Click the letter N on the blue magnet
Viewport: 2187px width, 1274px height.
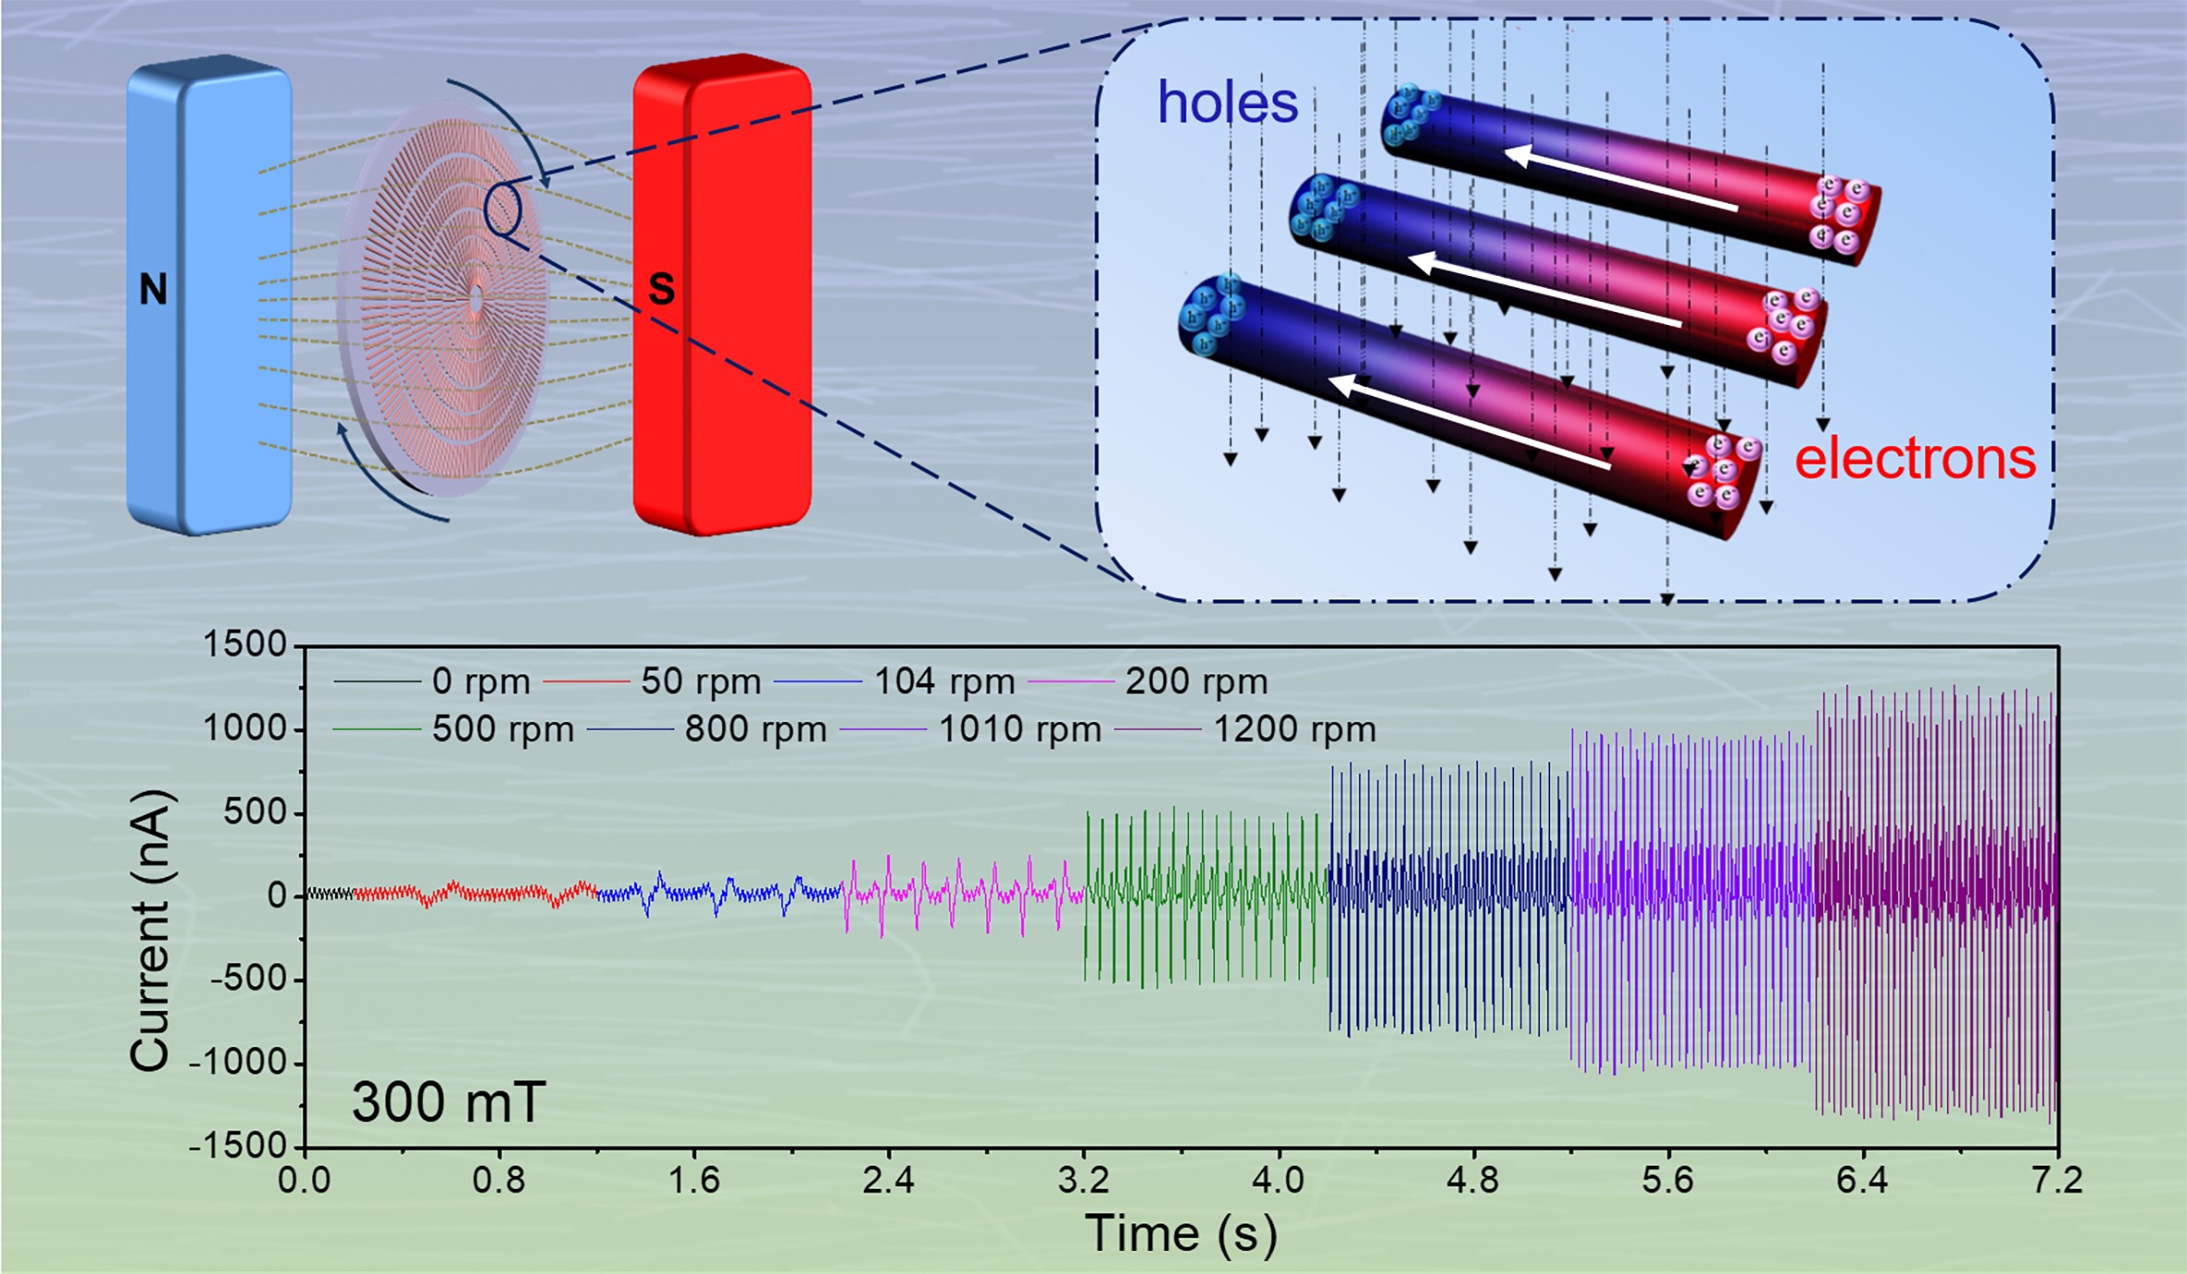[153, 290]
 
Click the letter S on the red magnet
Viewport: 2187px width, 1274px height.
[661, 289]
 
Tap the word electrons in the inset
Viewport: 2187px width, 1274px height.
[1915, 458]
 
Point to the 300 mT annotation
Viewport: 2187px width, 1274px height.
[449, 1102]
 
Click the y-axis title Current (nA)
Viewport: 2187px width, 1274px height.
[150, 931]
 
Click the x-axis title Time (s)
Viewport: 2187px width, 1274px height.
[1181, 1234]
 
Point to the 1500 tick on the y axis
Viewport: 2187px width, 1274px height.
[244, 644]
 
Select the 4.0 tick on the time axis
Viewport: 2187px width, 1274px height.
[1279, 1180]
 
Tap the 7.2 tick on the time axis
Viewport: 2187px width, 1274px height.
[2057, 1180]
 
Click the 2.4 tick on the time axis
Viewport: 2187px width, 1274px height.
[888, 1180]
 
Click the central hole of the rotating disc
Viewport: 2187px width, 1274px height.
[476, 298]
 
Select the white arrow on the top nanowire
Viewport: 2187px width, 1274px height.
[1620, 181]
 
